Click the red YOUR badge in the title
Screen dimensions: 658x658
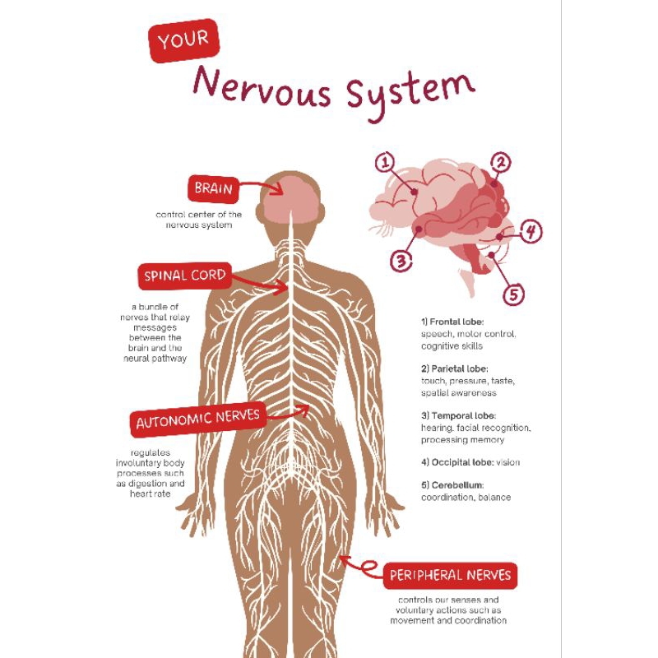(183, 41)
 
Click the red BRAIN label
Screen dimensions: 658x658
(213, 189)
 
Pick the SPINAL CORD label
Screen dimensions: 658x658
(184, 276)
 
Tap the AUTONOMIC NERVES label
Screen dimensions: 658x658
(197, 420)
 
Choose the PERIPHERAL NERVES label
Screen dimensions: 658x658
(450, 575)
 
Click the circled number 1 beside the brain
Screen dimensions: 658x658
(386, 163)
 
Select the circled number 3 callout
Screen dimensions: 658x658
(401, 262)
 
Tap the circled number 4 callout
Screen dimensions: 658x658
(531, 232)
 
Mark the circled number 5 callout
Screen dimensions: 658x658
(512, 294)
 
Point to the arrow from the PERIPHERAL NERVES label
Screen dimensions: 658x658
(359, 566)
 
